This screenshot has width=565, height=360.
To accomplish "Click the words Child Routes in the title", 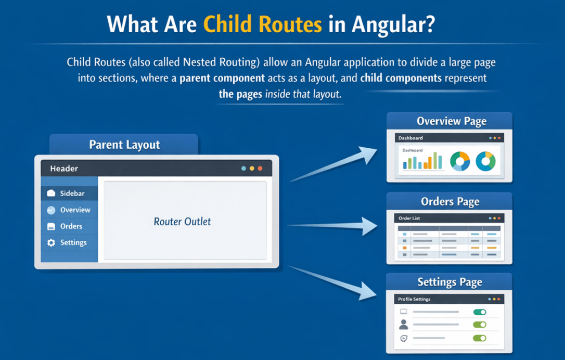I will tap(262, 24).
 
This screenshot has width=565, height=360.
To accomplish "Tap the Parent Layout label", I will tap(124, 145).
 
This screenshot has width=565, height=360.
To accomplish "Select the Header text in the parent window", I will tap(64, 169).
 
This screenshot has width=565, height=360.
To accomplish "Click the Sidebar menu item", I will tap(71, 194).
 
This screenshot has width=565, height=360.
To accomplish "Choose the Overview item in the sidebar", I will tap(75, 210).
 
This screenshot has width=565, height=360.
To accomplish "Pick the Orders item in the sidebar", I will tap(71, 226).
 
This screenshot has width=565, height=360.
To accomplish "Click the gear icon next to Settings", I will tap(51, 243).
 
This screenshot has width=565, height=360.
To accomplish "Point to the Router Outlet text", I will tap(182, 222).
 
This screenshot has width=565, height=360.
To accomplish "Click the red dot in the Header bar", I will tap(260, 169).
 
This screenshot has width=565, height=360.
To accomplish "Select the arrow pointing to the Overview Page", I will tap(338, 164).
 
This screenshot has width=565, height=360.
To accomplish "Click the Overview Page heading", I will tap(451, 121).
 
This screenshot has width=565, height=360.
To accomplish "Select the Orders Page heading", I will tap(450, 202).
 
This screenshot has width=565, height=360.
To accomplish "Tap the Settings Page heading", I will tap(450, 282).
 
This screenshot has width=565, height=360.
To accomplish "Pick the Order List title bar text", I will tap(409, 218).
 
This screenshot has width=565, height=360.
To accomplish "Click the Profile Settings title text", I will tap(414, 300).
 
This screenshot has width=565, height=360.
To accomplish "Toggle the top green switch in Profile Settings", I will tap(479, 312).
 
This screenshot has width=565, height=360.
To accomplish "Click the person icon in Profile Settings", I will tap(403, 325).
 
